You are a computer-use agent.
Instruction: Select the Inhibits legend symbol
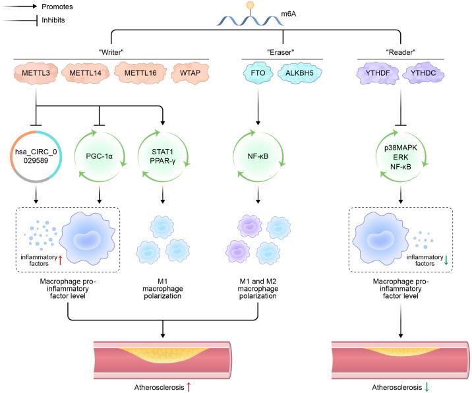(15, 19)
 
